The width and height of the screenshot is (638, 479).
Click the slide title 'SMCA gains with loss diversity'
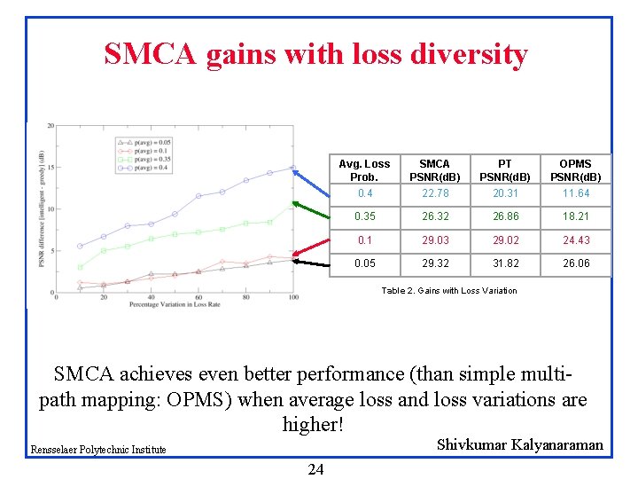pyautogui.click(x=315, y=55)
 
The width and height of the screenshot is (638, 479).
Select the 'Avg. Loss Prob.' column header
pyautogui.click(x=364, y=170)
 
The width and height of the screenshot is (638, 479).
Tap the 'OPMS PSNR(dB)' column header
pyautogui.click(x=576, y=170)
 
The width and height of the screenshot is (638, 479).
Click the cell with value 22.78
pyautogui.click(x=434, y=193)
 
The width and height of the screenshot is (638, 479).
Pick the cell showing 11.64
pyautogui.click(x=576, y=193)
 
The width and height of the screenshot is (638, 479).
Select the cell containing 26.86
pyautogui.click(x=504, y=216)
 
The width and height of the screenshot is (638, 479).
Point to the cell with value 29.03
pyautogui.click(x=434, y=239)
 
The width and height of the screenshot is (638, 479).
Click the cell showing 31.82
pyautogui.click(x=504, y=263)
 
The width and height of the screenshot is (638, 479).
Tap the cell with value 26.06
pyautogui.click(x=576, y=263)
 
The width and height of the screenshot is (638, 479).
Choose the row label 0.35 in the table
pyautogui.click(x=364, y=216)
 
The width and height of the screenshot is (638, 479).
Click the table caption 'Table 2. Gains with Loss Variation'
pyautogui.click(x=448, y=291)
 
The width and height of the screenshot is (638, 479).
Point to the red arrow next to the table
pyautogui.click(x=312, y=246)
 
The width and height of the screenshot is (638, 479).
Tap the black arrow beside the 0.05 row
pyautogui.click(x=312, y=263)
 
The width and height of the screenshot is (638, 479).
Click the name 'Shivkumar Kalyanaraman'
pyautogui.click(x=520, y=444)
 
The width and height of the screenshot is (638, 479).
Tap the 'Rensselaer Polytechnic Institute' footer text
pyautogui.click(x=98, y=450)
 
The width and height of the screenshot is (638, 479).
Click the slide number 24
pyautogui.click(x=315, y=469)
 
